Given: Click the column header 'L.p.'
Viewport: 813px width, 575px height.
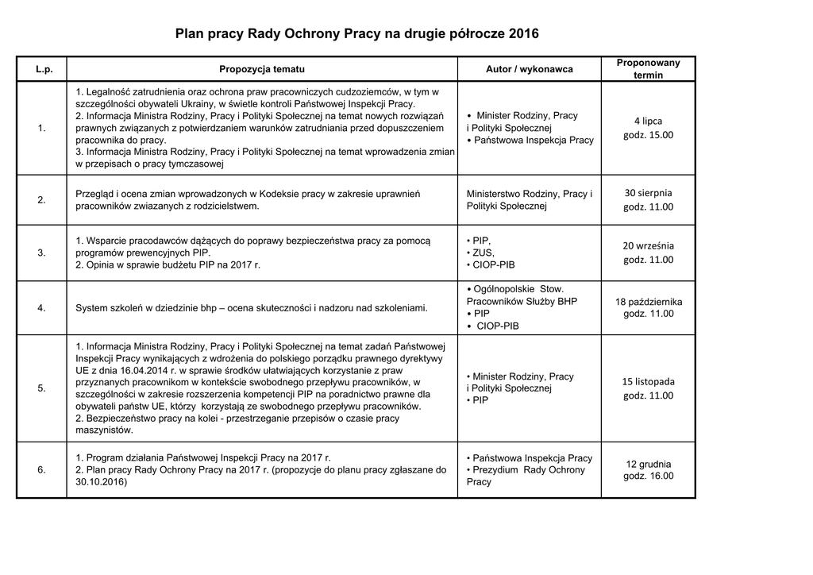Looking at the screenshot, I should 44,69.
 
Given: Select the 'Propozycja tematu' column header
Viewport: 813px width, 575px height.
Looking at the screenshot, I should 262,69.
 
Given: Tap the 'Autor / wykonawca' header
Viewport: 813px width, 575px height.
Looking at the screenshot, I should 529,69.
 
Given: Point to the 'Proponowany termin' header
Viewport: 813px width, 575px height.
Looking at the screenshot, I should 648,69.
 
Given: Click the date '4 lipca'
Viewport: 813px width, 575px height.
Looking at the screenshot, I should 648,121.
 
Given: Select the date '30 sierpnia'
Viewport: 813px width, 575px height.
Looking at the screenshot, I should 648,192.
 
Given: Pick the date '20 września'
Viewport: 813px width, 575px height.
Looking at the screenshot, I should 648,245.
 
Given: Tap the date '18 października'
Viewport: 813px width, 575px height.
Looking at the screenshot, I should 648,301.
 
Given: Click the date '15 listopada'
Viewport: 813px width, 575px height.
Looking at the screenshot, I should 648,381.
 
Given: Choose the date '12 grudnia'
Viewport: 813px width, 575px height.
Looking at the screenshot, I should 648,464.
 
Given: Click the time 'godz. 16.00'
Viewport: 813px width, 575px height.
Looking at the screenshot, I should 648,477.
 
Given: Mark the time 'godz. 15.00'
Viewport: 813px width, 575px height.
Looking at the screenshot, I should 648,135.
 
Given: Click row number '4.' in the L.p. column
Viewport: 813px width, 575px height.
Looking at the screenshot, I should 42,307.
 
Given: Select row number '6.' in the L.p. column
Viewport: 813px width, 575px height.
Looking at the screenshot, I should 42,470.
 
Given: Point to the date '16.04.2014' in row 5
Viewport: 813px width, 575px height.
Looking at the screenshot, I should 142,370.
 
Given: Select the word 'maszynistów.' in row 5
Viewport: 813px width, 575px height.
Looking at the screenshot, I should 104,430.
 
